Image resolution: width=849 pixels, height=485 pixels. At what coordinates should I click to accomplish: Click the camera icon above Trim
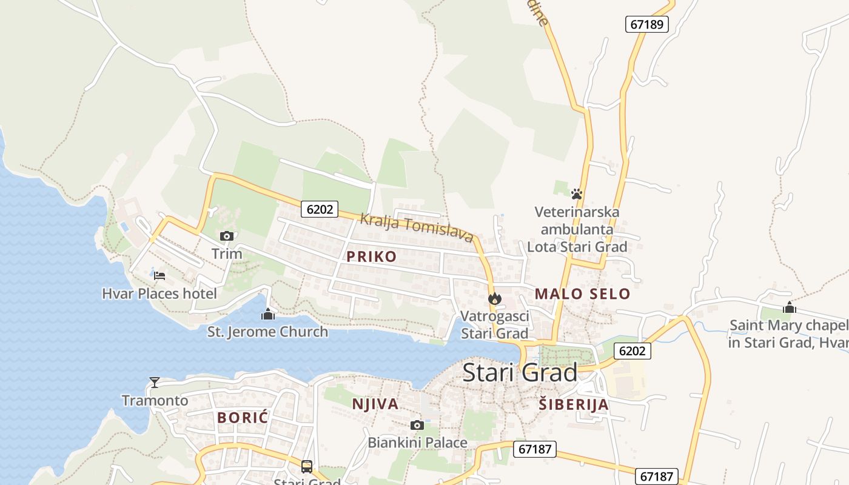coord(227,236)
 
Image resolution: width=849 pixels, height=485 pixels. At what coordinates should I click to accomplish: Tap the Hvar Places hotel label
coord(159,294)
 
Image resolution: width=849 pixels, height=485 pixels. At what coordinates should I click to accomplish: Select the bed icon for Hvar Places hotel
coord(159,275)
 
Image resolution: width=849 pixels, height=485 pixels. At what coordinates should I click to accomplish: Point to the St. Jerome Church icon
coord(267,314)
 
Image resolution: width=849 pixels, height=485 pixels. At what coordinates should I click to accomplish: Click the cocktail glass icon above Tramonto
coord(155,383)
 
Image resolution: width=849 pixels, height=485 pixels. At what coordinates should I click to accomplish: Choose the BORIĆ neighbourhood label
coord(243,418)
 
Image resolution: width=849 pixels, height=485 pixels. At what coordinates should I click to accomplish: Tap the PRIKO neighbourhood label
coord(371,256)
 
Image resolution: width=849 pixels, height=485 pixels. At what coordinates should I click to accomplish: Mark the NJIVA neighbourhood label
coord(375,404)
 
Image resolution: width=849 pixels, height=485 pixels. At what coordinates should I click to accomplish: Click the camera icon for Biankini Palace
coord(417,425)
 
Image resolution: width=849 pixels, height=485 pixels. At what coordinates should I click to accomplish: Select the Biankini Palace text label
coord(417,443)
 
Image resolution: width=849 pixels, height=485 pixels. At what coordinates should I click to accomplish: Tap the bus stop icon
coord(307,466)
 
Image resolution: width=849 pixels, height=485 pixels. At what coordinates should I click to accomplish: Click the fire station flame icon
coord(495,298)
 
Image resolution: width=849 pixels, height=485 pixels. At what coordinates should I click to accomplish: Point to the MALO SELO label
coord(582,295)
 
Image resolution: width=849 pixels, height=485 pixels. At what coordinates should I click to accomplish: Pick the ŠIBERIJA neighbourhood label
coord(573,404)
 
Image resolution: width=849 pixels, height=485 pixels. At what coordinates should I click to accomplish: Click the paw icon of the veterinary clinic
coord(576,194)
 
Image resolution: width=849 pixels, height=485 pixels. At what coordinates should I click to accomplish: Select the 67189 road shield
coord(646,24)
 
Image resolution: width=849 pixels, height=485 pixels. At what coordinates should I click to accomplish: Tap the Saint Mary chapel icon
coord(789,307)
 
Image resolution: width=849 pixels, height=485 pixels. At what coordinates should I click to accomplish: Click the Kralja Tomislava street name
coord(417,228)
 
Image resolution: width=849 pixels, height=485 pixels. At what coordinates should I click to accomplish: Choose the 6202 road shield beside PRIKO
coord(320,209)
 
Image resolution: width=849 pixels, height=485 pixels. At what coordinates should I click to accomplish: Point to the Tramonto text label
coord(155,401)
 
